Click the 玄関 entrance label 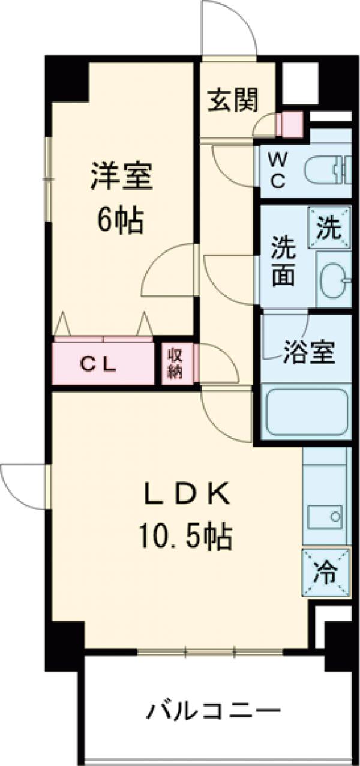(x=233, y=100)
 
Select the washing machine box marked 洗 (x=329, y=228)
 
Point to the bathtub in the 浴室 (x=307, y=412)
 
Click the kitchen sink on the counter (x=325, y=515)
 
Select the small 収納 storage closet (x=175, y=363)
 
